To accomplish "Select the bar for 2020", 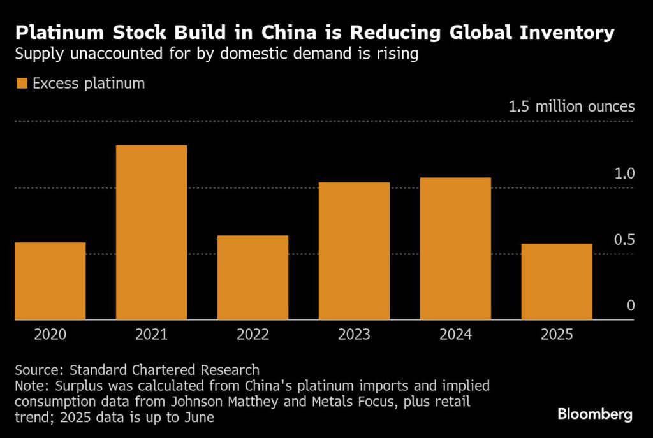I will pyautogui.click(x=50, y=281).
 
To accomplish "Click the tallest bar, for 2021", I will pyautogui.click(x=151, y=233).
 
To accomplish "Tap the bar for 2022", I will pyautogui.click(x=253, y=277).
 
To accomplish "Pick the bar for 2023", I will pyautogui.click(x=354, y=251).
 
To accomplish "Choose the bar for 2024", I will pyautogui.click(x=455, y=249).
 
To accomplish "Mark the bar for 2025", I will pyautogui.click(x=557, y=282).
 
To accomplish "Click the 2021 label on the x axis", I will pyautogui.click(x=151, y=334).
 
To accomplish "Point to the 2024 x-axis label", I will pyautogui.click(x=455, y=334).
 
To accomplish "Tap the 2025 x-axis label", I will pyautogui.click(x=557, y=334).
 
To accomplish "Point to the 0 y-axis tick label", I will pyautogui.click(x=631, y=306).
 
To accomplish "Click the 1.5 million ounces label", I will pyautogui.click(x=571, y=106).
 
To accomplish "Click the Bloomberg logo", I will pyautogui.click(x=594, y=414).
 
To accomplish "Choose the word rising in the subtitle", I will pyautogui.click(x=397, y=55).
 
